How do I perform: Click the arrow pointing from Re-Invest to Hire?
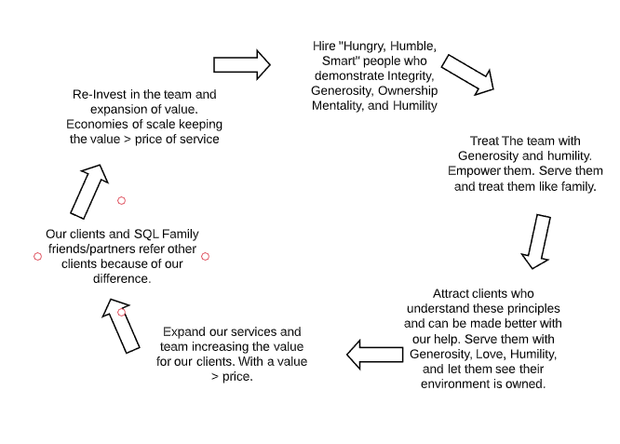[x=242, y=65]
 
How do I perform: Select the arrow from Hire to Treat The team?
[x=467, y=75]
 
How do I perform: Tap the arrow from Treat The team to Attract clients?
[x=536, y=242]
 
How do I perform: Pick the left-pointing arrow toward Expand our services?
[x=375, y=355]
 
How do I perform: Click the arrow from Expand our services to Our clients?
[x=121, y=326]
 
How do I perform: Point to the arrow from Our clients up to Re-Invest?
[x=89, y=192]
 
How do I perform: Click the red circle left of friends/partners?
[x=37, y=257]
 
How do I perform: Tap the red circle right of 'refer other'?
[x=205, y=257]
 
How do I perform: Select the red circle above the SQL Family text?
[x=121, y=201]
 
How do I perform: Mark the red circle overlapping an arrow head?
[x=121, y=313]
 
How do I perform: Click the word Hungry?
[x=362, y=47]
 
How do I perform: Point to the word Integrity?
[x=411, y=76]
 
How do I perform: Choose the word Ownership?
[x=408, y=91]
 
